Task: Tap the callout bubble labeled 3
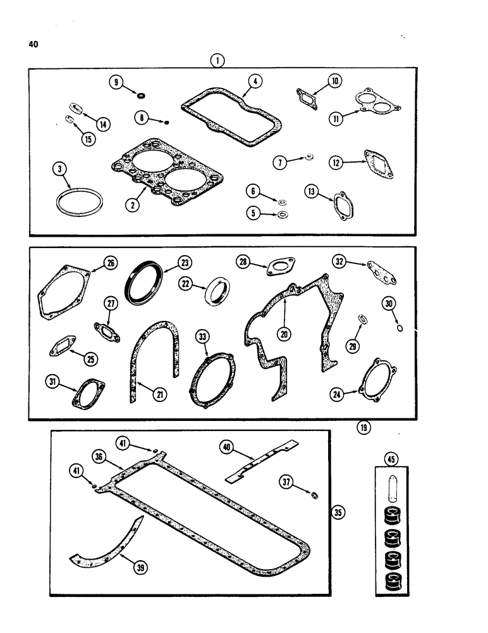click(x=59, y=169)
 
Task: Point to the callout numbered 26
click(x=111, y=263)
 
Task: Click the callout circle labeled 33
click(x=202, y=338)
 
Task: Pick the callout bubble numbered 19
click(x=363, y=427)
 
